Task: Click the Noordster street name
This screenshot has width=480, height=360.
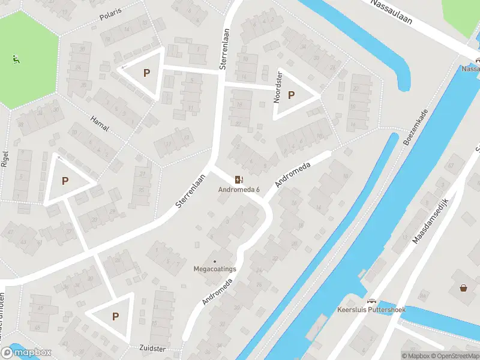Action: (278, 87)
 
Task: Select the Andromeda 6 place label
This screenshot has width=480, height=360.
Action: (239, 190)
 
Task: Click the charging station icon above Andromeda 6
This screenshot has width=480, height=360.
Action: (239, 179)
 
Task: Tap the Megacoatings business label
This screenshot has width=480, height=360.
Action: (215, 269)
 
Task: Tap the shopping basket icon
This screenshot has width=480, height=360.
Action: (463, 288)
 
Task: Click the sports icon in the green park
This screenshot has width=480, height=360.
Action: (15, 59)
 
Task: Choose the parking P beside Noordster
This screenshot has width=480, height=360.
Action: (292, 95)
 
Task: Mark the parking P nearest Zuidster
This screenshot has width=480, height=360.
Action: (115, 317)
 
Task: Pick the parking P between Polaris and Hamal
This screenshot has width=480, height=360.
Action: (146, 73)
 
